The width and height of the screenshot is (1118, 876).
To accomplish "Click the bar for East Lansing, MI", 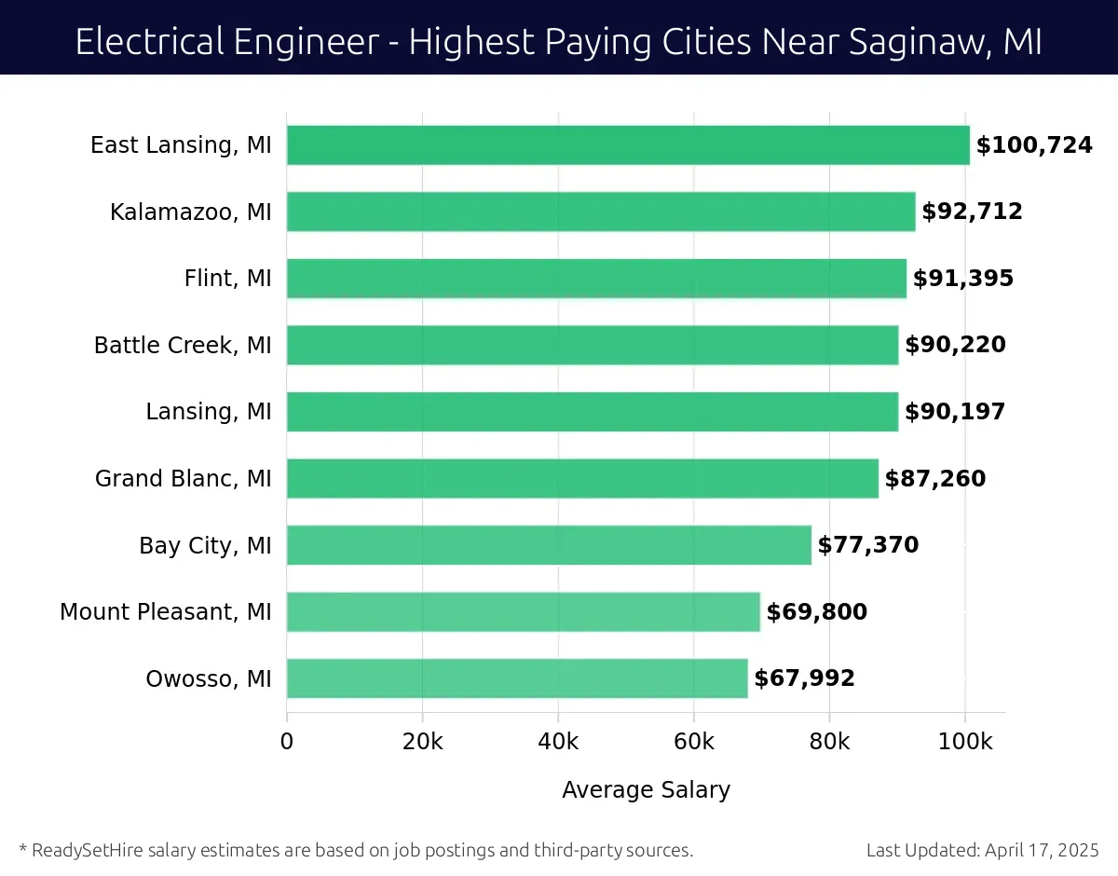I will [x=628, y=145].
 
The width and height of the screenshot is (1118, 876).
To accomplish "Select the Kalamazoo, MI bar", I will [x=601, y=212].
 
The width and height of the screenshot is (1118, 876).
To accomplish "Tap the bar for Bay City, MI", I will [x=549, y=545].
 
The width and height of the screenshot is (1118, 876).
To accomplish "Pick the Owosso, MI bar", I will [x=517, y=678].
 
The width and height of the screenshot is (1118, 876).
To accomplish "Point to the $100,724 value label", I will [x=1034, y=145].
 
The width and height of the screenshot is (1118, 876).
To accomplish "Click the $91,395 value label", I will [x=962, y=279].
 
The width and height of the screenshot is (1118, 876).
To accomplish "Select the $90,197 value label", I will [x=955, y=412].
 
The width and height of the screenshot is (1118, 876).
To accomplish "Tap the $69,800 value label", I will [x=817, y=612].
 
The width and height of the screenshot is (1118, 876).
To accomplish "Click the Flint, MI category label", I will [x=228, y=279].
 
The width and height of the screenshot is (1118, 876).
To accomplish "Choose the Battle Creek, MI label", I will [x=183, y=346].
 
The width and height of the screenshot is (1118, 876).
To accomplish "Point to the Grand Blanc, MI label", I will [x=184, y=479].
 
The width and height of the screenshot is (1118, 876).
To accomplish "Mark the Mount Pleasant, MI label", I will [x=166, y=612].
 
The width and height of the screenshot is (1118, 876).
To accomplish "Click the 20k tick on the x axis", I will [x=422, y=742].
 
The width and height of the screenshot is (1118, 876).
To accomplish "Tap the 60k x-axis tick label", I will [x=694, y=742].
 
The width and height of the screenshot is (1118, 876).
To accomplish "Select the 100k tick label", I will [x=965, y=742].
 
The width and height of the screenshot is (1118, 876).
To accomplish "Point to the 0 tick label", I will [x=287, y=742].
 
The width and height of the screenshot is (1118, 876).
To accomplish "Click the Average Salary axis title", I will [x=646, y=790].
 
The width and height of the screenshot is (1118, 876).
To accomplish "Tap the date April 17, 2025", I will [x=1041, y=850].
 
